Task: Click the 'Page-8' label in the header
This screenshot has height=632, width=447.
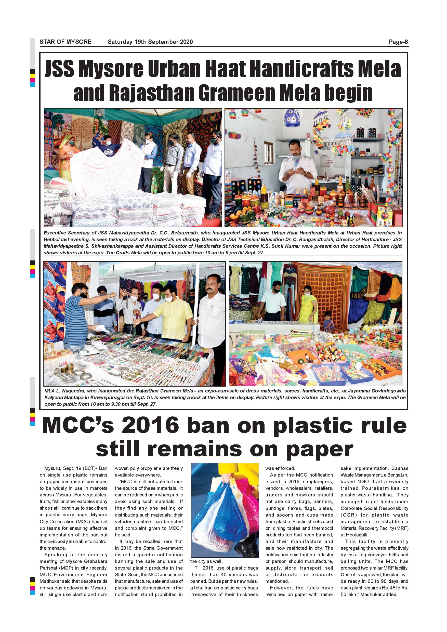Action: point(398,42)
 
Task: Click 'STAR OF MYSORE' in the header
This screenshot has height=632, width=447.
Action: point(65,42)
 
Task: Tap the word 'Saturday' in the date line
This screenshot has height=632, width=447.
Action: point(120,42)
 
